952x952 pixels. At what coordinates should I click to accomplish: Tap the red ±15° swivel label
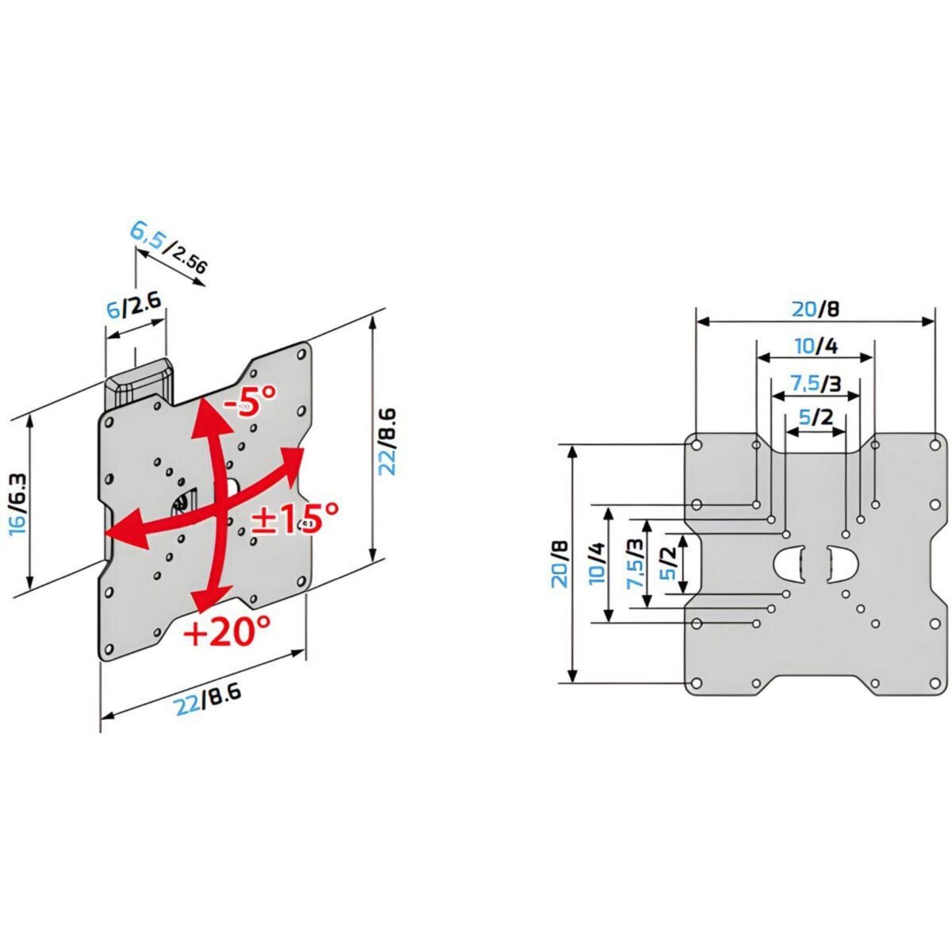(294, 520)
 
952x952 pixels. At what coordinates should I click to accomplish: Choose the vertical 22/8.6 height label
(387, 441)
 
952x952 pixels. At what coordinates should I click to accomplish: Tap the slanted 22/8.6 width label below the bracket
(208, 699)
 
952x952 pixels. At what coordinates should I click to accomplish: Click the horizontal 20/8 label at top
(815, 309)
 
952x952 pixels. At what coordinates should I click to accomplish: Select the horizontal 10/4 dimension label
(816, 346)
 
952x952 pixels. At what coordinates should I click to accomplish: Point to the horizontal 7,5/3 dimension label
(816, 383)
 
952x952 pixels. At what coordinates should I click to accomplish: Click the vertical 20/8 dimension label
(561, 562)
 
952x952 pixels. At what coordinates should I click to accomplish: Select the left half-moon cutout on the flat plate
(789, 563)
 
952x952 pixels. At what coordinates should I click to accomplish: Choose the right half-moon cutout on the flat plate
(842, 563)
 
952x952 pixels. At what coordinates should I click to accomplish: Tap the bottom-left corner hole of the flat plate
(696, 683)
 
